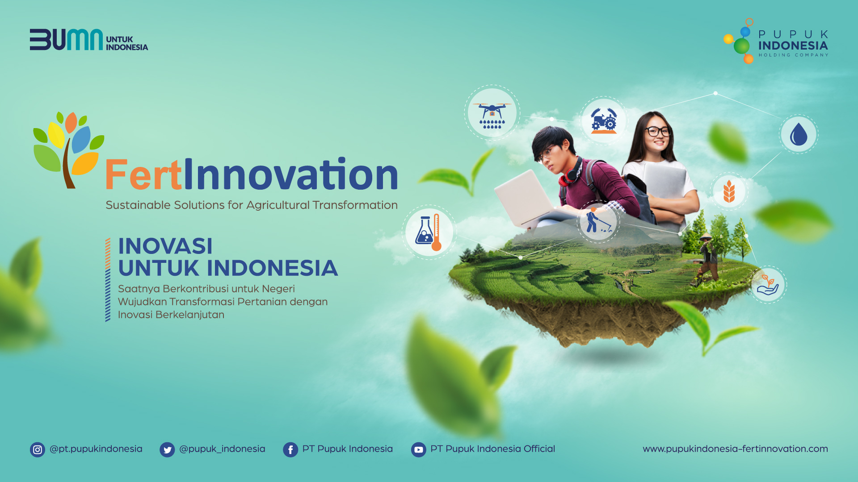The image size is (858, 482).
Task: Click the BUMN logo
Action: click(66, 40)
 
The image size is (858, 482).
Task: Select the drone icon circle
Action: click(492, 113)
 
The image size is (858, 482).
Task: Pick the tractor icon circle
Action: click(603, 120)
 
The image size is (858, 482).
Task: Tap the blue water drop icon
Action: click(799, 134)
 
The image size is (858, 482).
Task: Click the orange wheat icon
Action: click(729, 191)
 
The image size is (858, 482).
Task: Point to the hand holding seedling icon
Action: click(768, 285)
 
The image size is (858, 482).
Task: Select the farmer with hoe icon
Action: click(597, 221)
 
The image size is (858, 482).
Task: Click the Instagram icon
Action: click(38, 450)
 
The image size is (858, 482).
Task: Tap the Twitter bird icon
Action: click(167, 450)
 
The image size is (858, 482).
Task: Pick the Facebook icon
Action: click(290, 450)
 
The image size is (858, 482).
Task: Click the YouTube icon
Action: click(419, 450)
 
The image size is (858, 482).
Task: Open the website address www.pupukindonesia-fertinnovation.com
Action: click(735, 449)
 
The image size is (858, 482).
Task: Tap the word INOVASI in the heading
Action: click(165, 246)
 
